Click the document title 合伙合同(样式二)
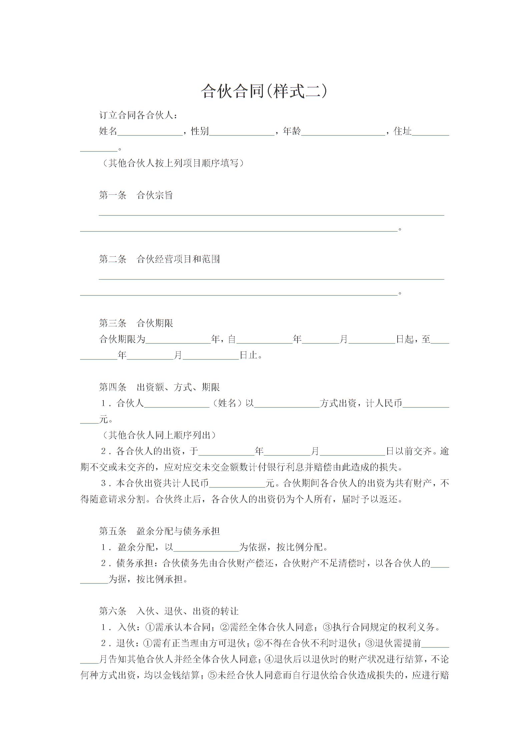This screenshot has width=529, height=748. click(264, 91)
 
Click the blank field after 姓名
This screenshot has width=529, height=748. click(150, 132)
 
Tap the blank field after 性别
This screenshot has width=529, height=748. click(242, 132)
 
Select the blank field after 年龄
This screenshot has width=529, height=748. click(343, 132)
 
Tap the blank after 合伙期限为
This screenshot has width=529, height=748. click(178, 340)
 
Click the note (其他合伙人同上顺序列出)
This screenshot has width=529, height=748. click(159, 435)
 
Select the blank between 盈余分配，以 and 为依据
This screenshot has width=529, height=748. click(206, 547)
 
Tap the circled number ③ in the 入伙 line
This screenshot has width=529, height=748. click(328, 627)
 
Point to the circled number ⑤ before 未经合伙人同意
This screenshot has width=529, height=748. click(212, 675)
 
